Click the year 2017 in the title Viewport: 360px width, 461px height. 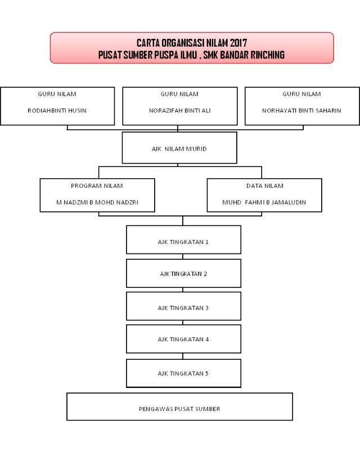point(238,43)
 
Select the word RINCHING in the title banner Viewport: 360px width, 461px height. point(268,55)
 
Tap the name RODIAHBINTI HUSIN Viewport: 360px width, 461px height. point(57,111)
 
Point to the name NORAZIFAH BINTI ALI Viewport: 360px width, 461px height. point(179,111)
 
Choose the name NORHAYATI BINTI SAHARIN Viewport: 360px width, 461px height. point(301,111)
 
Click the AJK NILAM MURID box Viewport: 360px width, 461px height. point(179,148)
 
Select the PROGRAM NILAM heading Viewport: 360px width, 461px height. point(97,186)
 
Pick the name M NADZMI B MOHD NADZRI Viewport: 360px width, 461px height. point(97,202)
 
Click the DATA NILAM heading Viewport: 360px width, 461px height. point(265,186)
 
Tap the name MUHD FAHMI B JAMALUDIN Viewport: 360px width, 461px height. point(264,202)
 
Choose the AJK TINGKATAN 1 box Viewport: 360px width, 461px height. point(183,239)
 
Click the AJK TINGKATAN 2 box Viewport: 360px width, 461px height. point(183,273)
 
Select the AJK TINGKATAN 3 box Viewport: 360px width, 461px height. point(183,306)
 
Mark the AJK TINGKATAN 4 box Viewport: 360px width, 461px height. point(183,338)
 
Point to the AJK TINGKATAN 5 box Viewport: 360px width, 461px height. point(183,373)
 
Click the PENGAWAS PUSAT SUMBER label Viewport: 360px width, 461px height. point(179,409)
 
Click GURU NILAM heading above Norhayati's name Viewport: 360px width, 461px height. point(301,94)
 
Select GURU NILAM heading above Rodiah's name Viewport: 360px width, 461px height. point(57,94)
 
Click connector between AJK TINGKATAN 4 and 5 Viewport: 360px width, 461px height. point(183,356)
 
